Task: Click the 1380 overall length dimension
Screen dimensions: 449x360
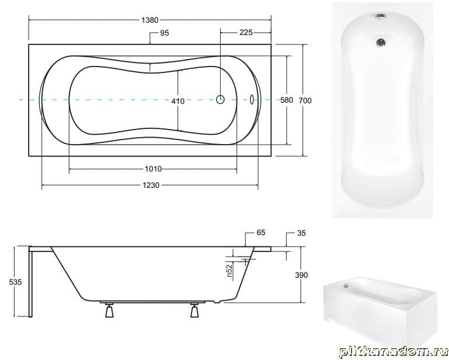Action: pyautogui.click(x=150, y=20)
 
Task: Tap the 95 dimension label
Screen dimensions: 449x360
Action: pyautogui.click(x=165, y=33)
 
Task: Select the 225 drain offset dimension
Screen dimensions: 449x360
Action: pyautogui.click(x=246, y=33)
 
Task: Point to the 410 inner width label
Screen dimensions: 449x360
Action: pyautogui.click(x=178, y=101)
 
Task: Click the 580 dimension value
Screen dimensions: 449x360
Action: pyautogui.click(x=287, y=100)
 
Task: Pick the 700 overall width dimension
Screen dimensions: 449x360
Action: pyautogui.click(x=305, y=100)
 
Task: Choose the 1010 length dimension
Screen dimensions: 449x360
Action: pyautogui.click(x=153, y=169)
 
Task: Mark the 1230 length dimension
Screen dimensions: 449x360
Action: pyautogui.click(x=151, y=186)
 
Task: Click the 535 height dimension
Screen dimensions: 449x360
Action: pyautogui.click(x=15, y=282)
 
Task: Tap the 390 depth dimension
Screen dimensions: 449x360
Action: pyautogui.click(x=301, y=275)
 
